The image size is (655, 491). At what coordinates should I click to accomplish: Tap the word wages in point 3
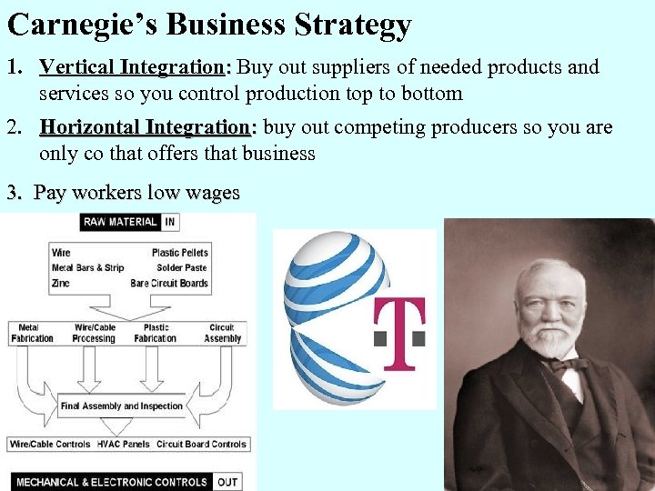tap(213, 193)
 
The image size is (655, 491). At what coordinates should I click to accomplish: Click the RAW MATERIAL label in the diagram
tap(120, 222)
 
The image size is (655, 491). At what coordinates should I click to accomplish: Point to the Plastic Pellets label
tap(179, 253)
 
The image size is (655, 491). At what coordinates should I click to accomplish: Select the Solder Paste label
tap(181, 268)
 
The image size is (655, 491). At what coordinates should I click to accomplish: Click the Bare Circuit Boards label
tap(169, 284)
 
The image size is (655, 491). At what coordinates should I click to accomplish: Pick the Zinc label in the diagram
tap(61, 284)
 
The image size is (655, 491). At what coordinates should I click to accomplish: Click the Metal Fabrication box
tap(33, 334)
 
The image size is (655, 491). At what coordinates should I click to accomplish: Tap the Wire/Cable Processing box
tap(94, 334)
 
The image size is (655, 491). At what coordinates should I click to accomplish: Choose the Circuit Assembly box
tap(222, 334)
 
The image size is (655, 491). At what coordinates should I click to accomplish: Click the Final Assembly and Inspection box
tap(122, 406)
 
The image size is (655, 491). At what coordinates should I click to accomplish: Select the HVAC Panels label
tap(123, 445)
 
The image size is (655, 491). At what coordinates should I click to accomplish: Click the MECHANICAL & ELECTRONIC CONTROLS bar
tap(112, 482)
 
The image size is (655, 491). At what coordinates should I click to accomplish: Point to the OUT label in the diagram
tap(227, 482)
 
